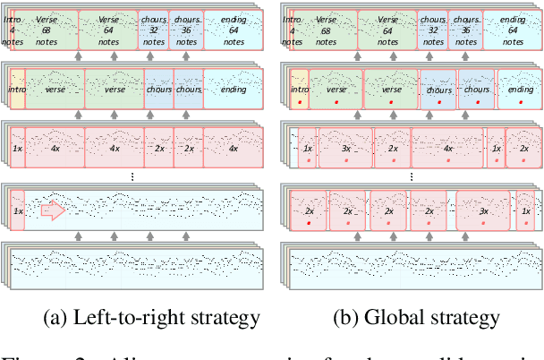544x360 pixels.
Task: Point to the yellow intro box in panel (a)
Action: click(16, 90)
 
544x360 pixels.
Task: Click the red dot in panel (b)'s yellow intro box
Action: click(299, 102)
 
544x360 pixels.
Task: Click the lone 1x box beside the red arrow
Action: click(16, 211)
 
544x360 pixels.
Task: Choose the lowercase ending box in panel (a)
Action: click(232, 90)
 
